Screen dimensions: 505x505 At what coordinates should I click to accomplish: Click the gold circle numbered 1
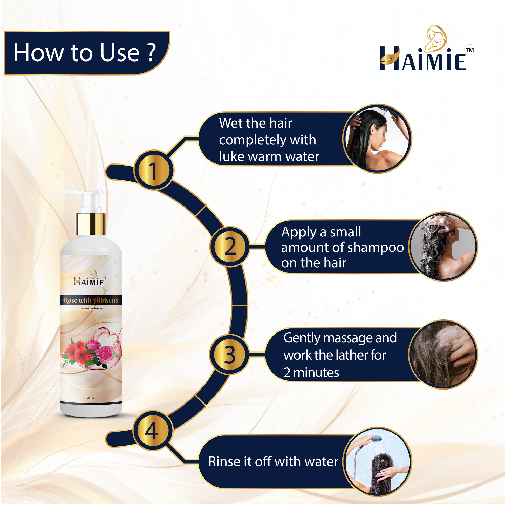point(153,170)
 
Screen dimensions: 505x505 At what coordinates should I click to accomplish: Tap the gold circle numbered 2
point(229,246)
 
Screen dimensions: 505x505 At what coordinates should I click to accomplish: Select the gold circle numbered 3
point(229,354)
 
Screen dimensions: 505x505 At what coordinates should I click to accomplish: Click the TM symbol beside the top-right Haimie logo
point(470,50)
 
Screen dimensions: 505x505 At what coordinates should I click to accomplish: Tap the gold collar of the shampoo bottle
point(91,224)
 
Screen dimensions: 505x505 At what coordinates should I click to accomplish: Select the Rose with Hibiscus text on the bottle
point(91,300)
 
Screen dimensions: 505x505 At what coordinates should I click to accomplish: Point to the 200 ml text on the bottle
point(91,398)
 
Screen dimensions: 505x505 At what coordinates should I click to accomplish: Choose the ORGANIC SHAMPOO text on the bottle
point(91,309)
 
